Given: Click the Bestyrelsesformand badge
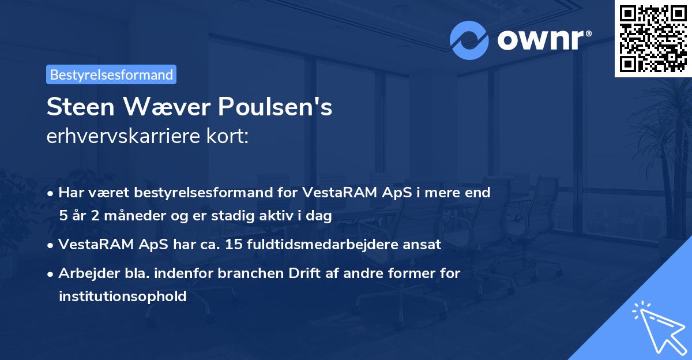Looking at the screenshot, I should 111,74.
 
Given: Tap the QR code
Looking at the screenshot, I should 653,38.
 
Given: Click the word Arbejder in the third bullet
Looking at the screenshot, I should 85,273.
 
